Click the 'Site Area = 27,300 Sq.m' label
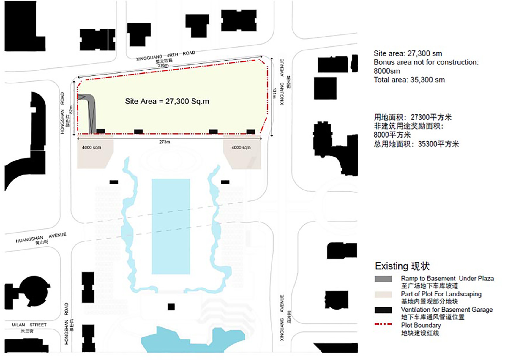click(x=167, y=101)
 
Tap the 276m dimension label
click(x=163, y=65)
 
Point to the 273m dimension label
click(x=164, y=142)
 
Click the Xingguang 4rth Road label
click(x=165, y=55)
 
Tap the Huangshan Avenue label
click(x=41, y=237)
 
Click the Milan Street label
click(x=29, y=325)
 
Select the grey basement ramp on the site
click(x=91, y=110)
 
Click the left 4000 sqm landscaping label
click(x=91, y=147)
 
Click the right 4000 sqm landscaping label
click(x=241, y=147)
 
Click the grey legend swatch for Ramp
click(x=383, y=279)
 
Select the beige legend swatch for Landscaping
click(x=383, y=294)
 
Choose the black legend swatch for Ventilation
click(x=383, y=310)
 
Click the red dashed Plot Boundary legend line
click(x=383, y=324)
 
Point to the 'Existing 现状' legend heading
click(x=402, y=266)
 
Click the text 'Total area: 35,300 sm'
click(x=409, y=80)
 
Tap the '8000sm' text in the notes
click(x=387, y=71)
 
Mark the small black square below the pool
click(x=171, y=307)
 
